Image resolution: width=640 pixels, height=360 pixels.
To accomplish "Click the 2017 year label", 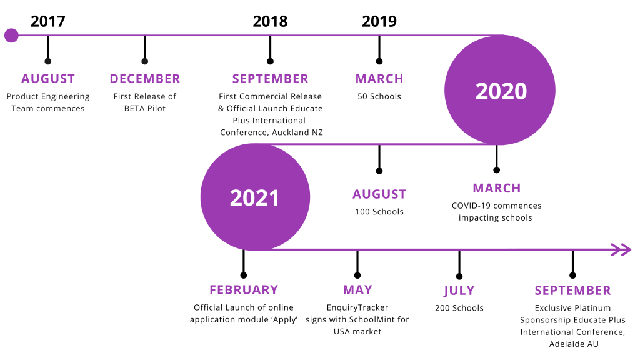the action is (47, 21).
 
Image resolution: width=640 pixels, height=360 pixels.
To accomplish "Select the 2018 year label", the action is (270, 21).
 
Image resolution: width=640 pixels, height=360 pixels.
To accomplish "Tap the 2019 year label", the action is (379, 21).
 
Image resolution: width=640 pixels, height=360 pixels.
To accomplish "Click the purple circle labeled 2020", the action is (500, 90).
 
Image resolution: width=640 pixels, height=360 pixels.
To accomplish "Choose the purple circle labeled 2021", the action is (255, 197).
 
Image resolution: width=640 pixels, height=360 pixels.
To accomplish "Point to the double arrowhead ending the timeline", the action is (621, 250).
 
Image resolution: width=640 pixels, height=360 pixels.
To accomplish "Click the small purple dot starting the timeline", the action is (11, 36).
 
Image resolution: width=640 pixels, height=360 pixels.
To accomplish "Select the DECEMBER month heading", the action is (145, 79).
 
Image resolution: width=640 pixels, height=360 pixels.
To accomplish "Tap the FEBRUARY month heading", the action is (244, 290).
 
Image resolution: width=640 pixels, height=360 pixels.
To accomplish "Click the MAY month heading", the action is (357, 290).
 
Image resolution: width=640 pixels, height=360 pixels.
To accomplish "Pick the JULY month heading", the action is (459, 291).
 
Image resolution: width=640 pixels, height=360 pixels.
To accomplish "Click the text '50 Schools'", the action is (379, 97).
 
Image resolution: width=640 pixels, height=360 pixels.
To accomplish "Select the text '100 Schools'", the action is (379, 212).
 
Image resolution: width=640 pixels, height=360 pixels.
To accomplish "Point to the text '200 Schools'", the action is (459, 308).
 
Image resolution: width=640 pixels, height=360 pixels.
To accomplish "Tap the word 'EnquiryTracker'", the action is (357, 307).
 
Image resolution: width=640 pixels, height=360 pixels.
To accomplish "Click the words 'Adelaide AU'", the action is (574, 344).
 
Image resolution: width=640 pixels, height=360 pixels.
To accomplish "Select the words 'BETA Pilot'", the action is (145, 109).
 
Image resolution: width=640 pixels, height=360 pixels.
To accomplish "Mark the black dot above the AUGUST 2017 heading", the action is (47, 61).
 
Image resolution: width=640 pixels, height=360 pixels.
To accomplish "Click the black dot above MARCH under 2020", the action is (496, 170).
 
